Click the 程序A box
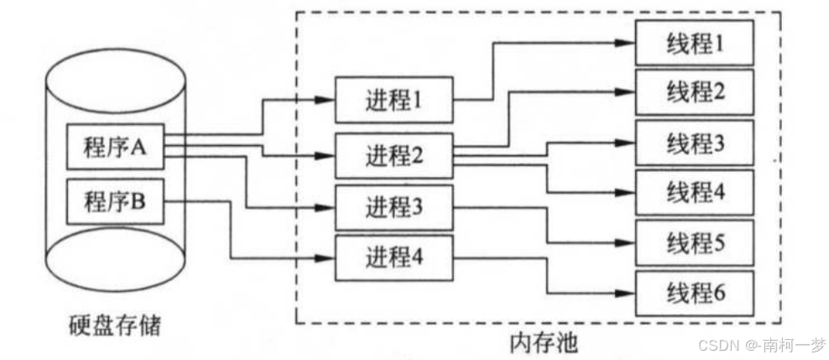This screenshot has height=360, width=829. click(x=116, y=149)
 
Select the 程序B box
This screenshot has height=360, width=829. click(x=116, y=201)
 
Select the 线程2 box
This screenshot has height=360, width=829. click(x=694, y=91)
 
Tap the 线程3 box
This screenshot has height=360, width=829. click(x=694, y=143)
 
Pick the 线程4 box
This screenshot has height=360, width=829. click(x=694, y=192)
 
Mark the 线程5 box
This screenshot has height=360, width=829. click(x=694, y=243)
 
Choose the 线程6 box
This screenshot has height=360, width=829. click(x=694, y=293)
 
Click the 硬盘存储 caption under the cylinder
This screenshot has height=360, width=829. click(x=116, y=323)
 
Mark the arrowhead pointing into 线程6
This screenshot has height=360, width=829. click(x=628, y=293)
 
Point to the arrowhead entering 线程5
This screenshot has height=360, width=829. click(x=628, y=243)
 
